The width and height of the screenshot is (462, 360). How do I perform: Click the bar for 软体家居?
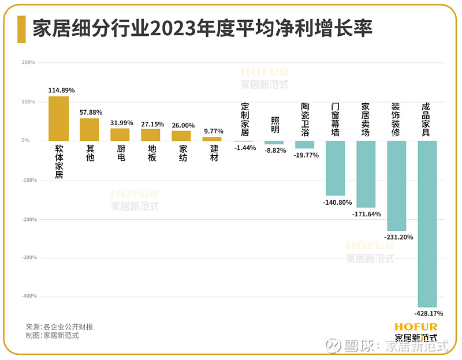(58, 118)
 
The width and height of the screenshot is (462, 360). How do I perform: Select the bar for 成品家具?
(428, 224)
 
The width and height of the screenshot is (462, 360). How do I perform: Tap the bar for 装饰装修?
(397, 186)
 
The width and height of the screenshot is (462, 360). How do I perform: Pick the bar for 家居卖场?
(366, 174)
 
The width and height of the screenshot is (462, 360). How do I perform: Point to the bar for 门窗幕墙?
(336, 168)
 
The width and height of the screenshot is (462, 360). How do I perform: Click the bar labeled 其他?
(90, 129)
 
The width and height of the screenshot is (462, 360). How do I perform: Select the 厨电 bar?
(120, 134)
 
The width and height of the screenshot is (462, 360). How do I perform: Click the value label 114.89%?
(62, 91)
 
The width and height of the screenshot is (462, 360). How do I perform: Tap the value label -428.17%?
(428, 314)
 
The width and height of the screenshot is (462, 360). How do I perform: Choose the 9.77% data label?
(214, 131)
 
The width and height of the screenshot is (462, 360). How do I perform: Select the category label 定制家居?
(244, 119)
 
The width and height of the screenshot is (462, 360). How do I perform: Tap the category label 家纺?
(183, 153)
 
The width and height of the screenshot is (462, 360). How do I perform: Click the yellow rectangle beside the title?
(21, 29)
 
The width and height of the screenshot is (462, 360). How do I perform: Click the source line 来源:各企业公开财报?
(59, 327)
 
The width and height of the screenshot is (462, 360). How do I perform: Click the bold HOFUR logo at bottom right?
(416, 327)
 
